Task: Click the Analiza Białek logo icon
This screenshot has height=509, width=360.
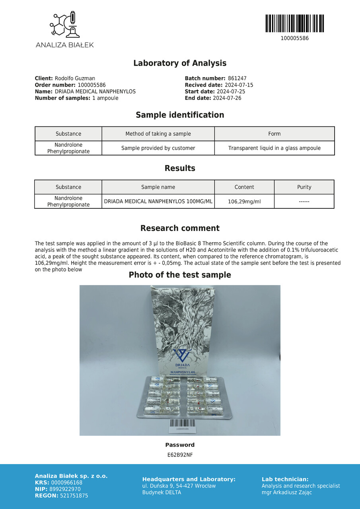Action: (x=64, y=25)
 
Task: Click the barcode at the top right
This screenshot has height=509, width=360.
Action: (x=294, y=23)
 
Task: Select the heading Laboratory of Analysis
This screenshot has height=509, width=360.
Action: (x=180, y=63)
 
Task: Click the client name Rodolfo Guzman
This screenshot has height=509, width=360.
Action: (x=75, y=79)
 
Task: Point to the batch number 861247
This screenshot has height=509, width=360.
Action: (x=237, y=79)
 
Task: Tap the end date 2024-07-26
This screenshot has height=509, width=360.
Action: (x=227, y=98)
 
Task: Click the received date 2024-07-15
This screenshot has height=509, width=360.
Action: (x=239, y=85)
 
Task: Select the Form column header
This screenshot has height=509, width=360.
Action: (x=274, y=134)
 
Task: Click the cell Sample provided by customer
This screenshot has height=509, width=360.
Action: (x=158, y=148)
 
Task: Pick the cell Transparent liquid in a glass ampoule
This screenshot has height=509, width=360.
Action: (x=274, y=148)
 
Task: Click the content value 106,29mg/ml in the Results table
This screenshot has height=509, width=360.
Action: (x=244, y=202)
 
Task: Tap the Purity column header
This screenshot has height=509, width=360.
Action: (x=304, y=187)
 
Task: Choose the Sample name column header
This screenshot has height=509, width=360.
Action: (x=158, y=187)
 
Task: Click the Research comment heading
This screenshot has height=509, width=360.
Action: (x=180, y=228)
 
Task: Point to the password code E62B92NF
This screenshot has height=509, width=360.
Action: (x=180, y=455)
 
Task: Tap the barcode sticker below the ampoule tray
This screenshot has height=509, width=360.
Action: (x=182, y=426)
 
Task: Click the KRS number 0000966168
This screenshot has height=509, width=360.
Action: (x=67, y=483)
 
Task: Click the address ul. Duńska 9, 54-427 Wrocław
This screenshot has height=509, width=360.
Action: (x=179, y=486)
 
